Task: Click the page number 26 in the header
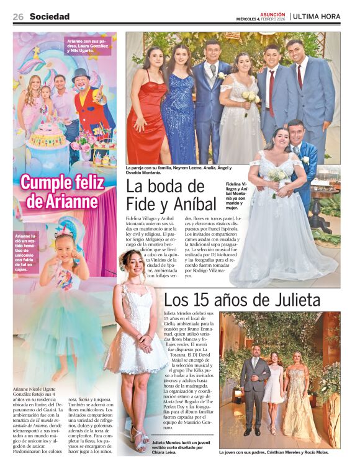tap(18, 17)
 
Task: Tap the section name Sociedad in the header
tap(49, 17)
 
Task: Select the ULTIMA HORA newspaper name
tap(317, 17)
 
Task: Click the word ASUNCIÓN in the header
tap(272, 14)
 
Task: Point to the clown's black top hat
tap(81, 75)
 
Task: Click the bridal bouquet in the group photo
tap(250, 98)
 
